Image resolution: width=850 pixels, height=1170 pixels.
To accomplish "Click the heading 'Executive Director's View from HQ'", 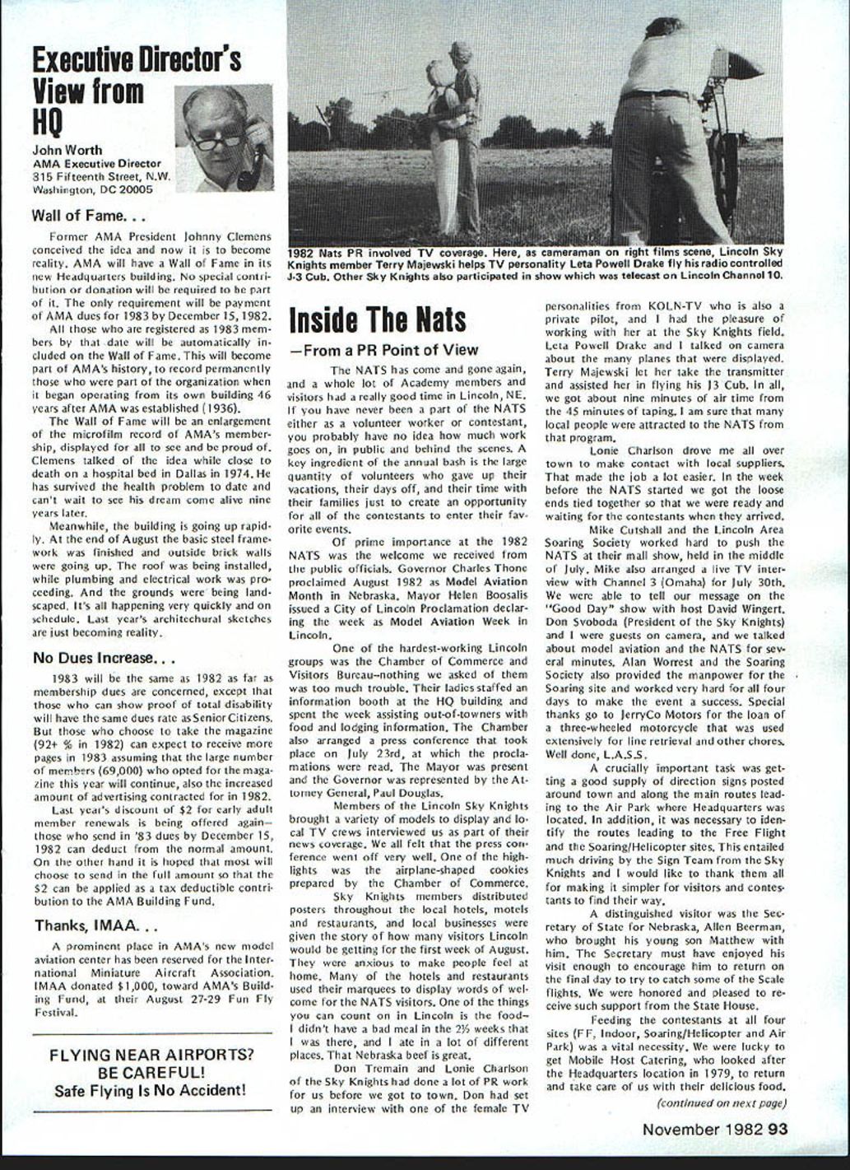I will (x=136, y=91).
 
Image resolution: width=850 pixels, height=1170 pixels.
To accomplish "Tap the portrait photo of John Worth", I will (x=223, y=139).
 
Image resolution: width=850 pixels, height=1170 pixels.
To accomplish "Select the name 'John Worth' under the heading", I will (x=67, y=150).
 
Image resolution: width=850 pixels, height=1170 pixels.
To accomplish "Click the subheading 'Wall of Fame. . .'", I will (x=89, y=217).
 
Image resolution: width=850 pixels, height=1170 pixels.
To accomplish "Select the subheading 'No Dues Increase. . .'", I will (x=103, y=658).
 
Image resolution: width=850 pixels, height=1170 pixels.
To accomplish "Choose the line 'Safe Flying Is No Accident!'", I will (x=151, y=1091).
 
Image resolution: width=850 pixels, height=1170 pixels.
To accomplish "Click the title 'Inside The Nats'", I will (x=378, y=319).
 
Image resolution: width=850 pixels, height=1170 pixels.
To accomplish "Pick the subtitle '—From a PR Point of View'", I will (x=383, y=350).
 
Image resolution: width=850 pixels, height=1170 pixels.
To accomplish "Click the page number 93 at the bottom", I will (x=778, y=1129).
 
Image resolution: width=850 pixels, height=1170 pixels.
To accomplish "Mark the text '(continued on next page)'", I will (x=721, y=1102).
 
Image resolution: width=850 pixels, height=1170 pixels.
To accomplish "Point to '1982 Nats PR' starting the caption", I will (x=324, y=251).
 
